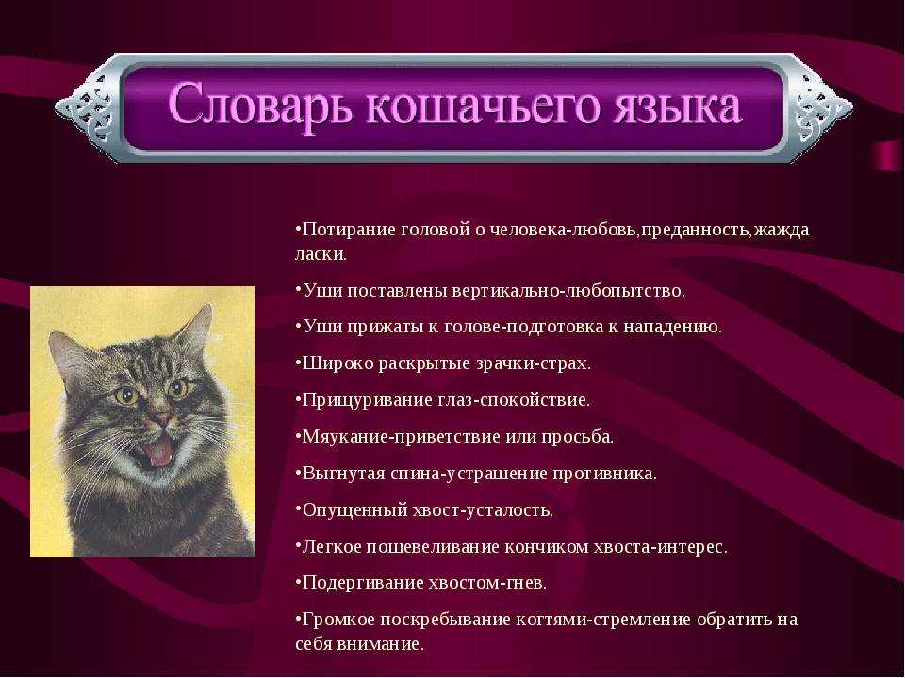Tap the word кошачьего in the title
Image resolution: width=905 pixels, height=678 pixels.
pos(481,106)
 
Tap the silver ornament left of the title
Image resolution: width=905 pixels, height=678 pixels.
pos(87,107)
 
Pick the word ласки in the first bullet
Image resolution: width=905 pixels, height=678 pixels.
pos(321,254)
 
